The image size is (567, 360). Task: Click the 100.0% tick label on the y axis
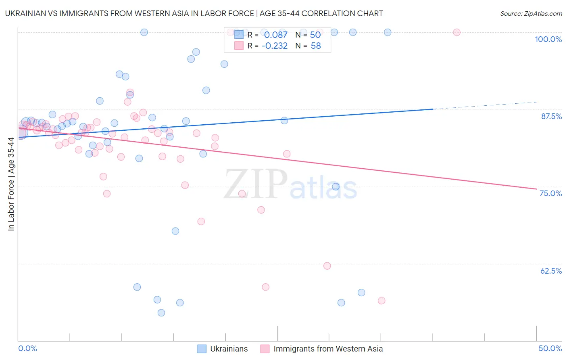(x=548, y=39)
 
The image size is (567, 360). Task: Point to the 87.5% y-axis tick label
(x=551, y=116)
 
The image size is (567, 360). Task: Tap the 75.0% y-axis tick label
(x=550, y=193)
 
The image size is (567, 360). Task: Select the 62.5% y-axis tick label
(x=551, y=271)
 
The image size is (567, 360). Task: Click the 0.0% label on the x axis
(x=28, y=348)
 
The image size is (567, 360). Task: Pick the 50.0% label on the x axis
(x=550, y=348)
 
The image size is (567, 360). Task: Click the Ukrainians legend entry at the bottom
(x=229, y=349)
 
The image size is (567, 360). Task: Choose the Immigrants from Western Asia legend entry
(x=328, y=349)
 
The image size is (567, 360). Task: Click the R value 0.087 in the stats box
(x=276, y=35)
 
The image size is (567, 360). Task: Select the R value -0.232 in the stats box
(x=274, y=46)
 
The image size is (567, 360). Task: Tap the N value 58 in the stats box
(x=316, y=46)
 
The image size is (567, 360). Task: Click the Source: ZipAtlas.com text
(x=531, y=14)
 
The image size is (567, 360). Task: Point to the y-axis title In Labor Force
(x=11, y=184)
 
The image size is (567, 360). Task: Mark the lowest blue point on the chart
(x=161, y=313)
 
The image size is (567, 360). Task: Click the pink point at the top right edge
(x=457, y=32)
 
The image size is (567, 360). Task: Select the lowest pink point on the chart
(x=381, y=301)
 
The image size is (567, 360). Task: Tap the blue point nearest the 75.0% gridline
(x=336, y=186)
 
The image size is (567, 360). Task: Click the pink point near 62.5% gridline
(x=327, y=266)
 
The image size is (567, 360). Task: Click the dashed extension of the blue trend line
(x=484, y=106)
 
